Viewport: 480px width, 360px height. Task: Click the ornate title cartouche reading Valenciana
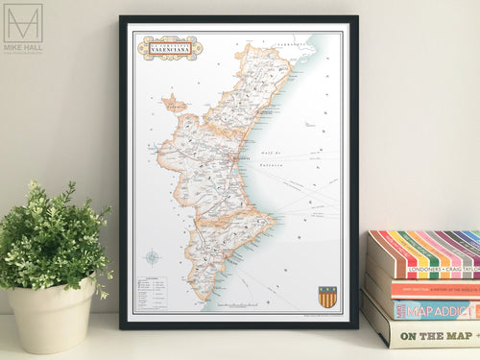(169, 47)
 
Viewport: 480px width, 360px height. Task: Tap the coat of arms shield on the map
(327, 297)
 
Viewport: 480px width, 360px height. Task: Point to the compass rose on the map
(153, 256)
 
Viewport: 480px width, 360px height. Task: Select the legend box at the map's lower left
(151, 292)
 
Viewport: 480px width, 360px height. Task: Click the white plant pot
(53, 316)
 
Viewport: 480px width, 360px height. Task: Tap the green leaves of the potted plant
(55, 236)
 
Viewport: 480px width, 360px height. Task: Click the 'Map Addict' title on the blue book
(434, 310)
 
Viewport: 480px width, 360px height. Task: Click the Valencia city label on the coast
(241, 155)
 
